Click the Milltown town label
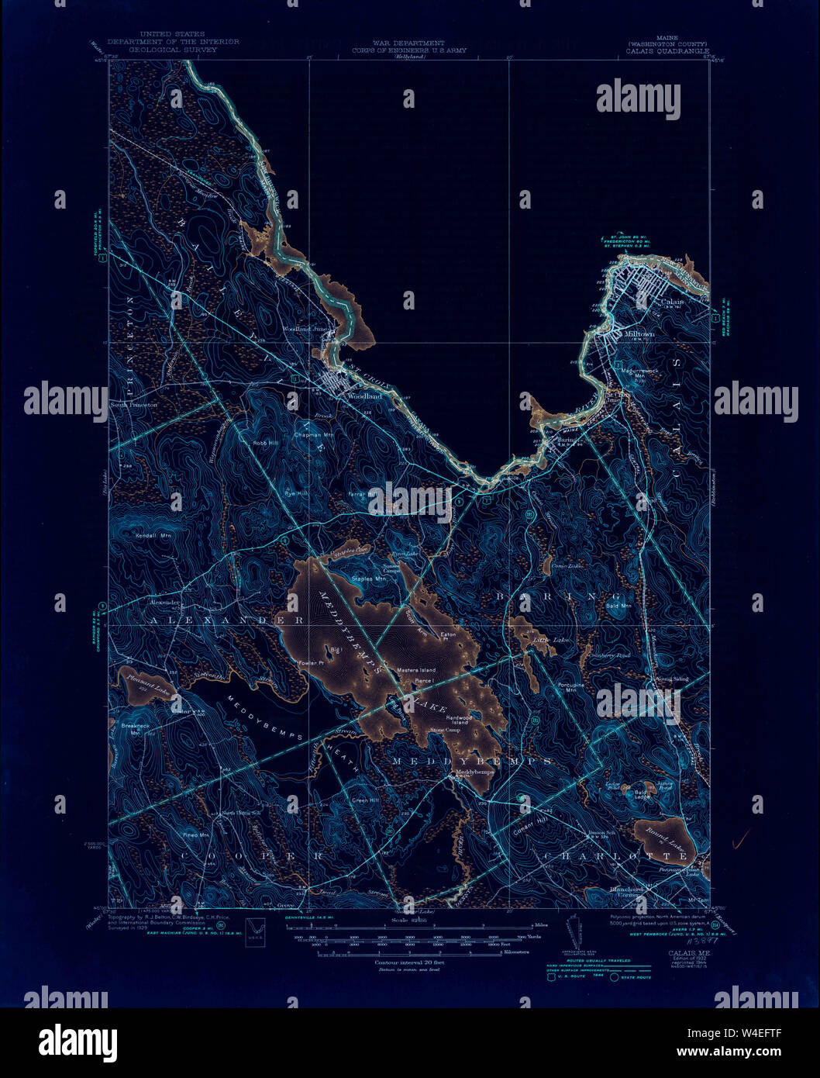tap(639, 334)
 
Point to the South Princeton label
tap(133, 405)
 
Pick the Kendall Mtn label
tap(153, 535)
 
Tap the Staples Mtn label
tap(368, 579)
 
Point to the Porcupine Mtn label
tap(570, 687)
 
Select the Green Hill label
tap(365, 800)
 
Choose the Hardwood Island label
tap(460, 720)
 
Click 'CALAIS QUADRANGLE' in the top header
tap(667, 51)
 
